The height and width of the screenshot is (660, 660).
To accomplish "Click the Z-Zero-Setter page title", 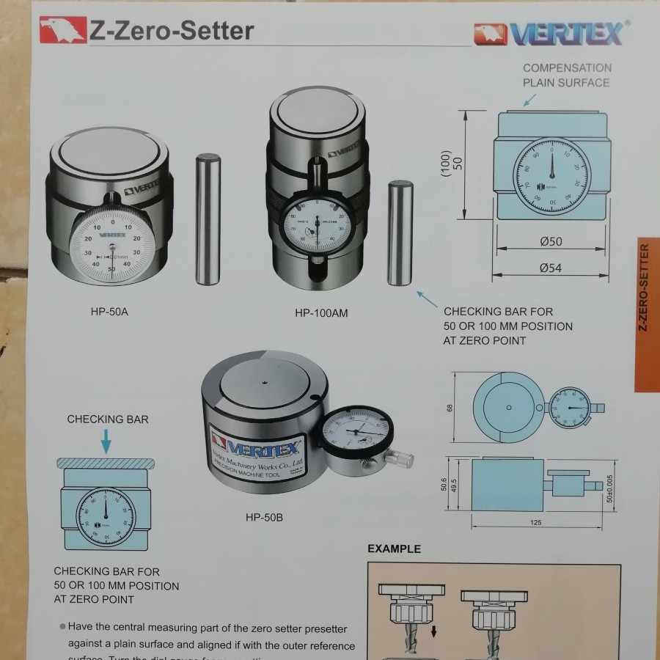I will [171, 31].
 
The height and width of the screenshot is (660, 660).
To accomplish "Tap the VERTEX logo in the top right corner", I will [551, 33].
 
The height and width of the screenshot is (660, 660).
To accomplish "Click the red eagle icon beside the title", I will [62, 30].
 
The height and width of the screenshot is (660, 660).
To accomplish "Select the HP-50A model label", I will [109, 311].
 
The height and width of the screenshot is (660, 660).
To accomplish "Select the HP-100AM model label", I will [321, 313].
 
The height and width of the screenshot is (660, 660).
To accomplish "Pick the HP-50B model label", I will [264, 518].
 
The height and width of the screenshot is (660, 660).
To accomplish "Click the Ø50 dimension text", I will [550, 242].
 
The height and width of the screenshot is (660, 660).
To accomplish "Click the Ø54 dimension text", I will [550, 268].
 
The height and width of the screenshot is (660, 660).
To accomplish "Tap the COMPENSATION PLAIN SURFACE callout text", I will [566, 75].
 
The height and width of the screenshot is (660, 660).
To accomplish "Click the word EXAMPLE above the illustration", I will [394, 549].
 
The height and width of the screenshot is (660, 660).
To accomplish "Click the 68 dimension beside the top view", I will [450, 407].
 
